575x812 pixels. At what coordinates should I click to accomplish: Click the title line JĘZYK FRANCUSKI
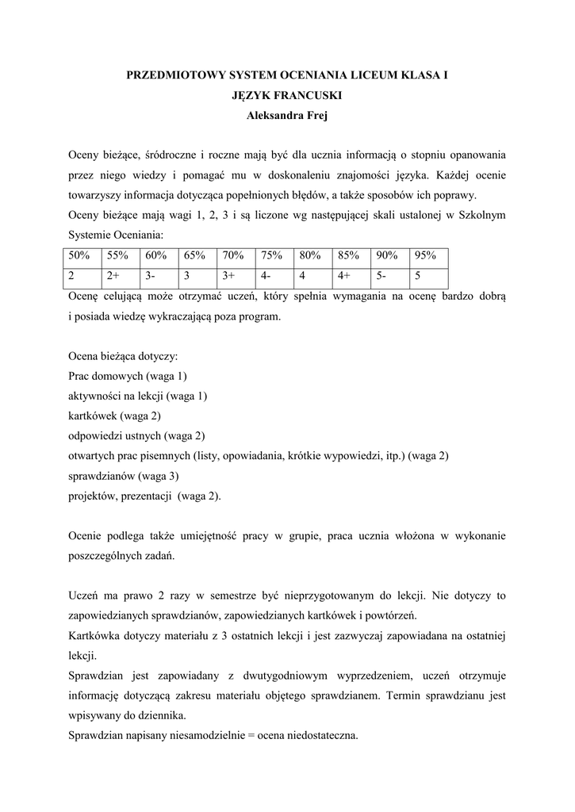click(288, 96)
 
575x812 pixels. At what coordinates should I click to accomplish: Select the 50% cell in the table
click(80, 255)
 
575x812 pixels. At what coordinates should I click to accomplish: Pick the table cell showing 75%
click(273, 255)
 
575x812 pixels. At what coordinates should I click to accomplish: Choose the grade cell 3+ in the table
click(235, 276)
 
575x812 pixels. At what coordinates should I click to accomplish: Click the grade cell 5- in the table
click(390, 276)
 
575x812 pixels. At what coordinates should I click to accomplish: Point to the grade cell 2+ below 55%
click(119, 276)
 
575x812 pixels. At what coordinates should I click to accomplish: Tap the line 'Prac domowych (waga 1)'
click(128, 376)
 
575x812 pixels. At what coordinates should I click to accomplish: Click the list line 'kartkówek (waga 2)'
click(115, 416)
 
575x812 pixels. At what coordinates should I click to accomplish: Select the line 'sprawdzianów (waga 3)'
click(124, 476)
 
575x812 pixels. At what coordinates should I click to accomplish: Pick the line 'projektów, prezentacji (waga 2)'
click(146, 496)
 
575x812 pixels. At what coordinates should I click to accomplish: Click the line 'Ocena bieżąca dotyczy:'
click(123, 356)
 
